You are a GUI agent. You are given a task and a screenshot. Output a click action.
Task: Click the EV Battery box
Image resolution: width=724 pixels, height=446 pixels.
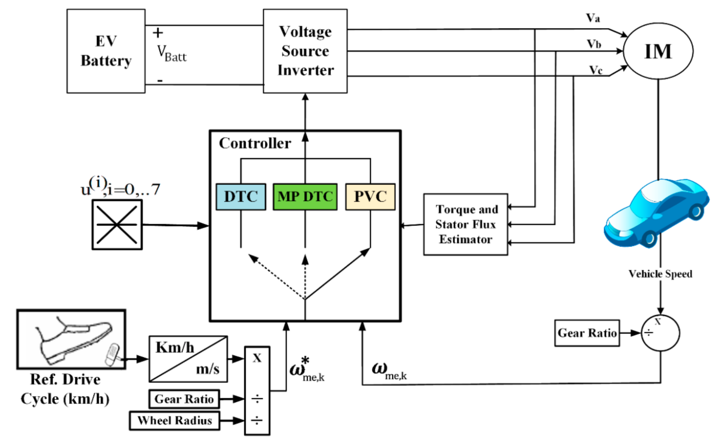coord(106,51)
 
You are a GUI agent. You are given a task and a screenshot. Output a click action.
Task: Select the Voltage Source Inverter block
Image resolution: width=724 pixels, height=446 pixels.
coord(305,51)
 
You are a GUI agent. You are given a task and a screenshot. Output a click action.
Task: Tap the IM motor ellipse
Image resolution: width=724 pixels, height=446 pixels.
coord(658,51)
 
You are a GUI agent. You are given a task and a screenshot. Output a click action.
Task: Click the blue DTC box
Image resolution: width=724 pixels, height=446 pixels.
coord(240,196)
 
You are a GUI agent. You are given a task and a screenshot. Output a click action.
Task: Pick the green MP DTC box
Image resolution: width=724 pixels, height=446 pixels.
coord(305,196)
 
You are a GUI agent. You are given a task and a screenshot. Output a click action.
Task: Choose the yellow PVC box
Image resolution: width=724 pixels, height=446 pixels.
coord(370,196)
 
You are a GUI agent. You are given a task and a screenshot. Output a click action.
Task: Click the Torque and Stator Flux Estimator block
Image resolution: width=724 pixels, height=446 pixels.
coord(466,224)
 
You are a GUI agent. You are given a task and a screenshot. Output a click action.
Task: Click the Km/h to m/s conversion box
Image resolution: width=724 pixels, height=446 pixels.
coord(188,359)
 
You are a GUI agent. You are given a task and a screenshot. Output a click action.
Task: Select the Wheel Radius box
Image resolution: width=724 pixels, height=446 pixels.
coord(174,421)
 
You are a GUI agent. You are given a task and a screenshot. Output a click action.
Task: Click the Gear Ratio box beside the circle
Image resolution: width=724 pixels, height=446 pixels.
coord(586,333)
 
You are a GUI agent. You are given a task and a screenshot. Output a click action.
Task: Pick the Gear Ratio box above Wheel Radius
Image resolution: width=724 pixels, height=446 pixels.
coord(184,399)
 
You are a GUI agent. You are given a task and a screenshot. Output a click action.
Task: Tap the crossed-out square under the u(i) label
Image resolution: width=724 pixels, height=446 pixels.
coord(117,225)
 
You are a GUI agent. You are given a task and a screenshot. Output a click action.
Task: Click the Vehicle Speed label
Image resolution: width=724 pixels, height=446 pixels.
coord(660,274)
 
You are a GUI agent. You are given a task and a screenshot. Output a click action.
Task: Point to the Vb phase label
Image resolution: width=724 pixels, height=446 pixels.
coord(594,44)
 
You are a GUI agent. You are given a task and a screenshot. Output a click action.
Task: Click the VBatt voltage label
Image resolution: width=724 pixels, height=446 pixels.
coord(171,54)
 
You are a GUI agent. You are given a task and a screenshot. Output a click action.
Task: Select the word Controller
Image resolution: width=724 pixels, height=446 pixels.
coord(255,143)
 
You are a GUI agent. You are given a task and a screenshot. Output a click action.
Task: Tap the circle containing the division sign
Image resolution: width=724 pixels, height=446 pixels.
coord(660,333)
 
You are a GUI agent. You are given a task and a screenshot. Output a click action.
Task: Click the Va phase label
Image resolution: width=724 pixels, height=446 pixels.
coord(593,18)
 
